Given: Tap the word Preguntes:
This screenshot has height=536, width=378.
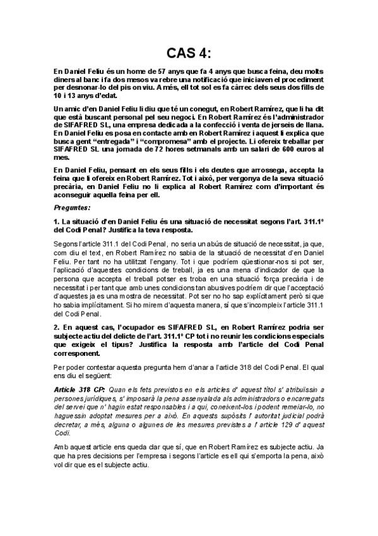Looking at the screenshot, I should point(71,207).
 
